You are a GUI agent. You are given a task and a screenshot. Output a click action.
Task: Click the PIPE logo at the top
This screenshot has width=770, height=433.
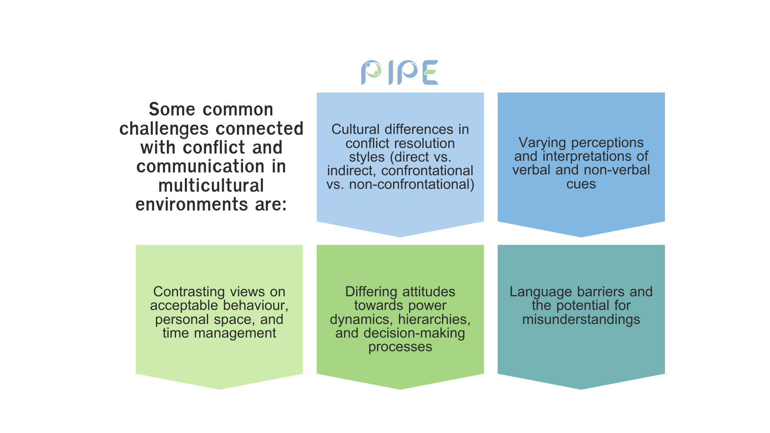pos(399,73)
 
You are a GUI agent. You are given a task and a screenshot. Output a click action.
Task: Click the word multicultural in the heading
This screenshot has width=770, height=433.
pos(211,186)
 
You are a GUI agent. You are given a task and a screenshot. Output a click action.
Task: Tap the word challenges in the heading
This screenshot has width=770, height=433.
pos(170,129)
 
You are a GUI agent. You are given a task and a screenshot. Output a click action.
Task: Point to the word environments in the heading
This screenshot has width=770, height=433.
pos(192,204)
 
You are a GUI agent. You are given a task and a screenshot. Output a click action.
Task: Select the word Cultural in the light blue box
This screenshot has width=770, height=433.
pos(355,129)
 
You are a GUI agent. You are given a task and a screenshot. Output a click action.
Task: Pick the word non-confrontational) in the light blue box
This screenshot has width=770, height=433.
pos(411,184)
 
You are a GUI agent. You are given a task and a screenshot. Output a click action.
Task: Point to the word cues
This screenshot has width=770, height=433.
pos(581,184)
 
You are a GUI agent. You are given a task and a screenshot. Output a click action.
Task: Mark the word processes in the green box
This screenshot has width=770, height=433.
pos(400,347)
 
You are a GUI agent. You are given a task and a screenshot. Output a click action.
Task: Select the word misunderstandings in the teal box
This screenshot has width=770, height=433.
pos(581,320)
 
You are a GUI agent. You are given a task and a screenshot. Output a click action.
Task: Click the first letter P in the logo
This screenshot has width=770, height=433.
pos(371,73)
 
